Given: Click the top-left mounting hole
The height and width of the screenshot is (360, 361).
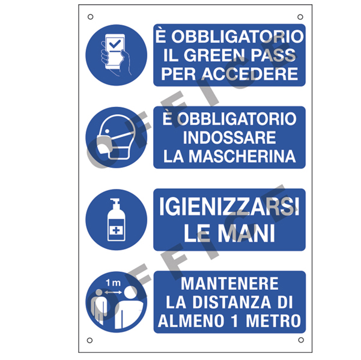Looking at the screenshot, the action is point(91,17).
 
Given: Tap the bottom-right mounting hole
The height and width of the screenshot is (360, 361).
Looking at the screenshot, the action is point(301,340).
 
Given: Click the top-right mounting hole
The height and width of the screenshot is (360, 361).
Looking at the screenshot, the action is point(300,17).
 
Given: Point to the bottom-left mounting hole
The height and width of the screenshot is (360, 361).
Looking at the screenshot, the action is point(89,340).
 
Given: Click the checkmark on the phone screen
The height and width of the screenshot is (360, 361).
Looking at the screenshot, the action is point(115,43).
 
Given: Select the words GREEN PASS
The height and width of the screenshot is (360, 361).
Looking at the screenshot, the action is point(240,55).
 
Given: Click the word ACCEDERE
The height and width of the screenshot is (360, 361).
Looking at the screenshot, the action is point(250,74).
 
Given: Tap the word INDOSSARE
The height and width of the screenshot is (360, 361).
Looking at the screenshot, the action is point(229,137).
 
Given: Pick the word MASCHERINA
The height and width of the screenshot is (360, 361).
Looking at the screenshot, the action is point(242,156).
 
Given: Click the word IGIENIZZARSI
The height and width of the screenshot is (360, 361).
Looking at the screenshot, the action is point(229,206).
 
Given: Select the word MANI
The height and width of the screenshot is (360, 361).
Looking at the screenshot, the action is point(246,233).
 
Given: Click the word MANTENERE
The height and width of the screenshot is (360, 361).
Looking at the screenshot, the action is point(229,284).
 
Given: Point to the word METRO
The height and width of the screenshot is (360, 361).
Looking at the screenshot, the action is point(273,321).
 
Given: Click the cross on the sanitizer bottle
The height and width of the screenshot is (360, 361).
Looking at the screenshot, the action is point(117,230).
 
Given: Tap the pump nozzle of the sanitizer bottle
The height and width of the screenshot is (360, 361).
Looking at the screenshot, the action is point(114,201).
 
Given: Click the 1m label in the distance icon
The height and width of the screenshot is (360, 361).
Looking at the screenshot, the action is point(113,283).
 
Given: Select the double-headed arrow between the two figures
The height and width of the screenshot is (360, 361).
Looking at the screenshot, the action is point(114,292).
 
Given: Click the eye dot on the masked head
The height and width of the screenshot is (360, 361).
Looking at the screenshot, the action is point(107,131).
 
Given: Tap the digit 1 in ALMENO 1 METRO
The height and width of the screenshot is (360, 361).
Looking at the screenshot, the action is point(235,321).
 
